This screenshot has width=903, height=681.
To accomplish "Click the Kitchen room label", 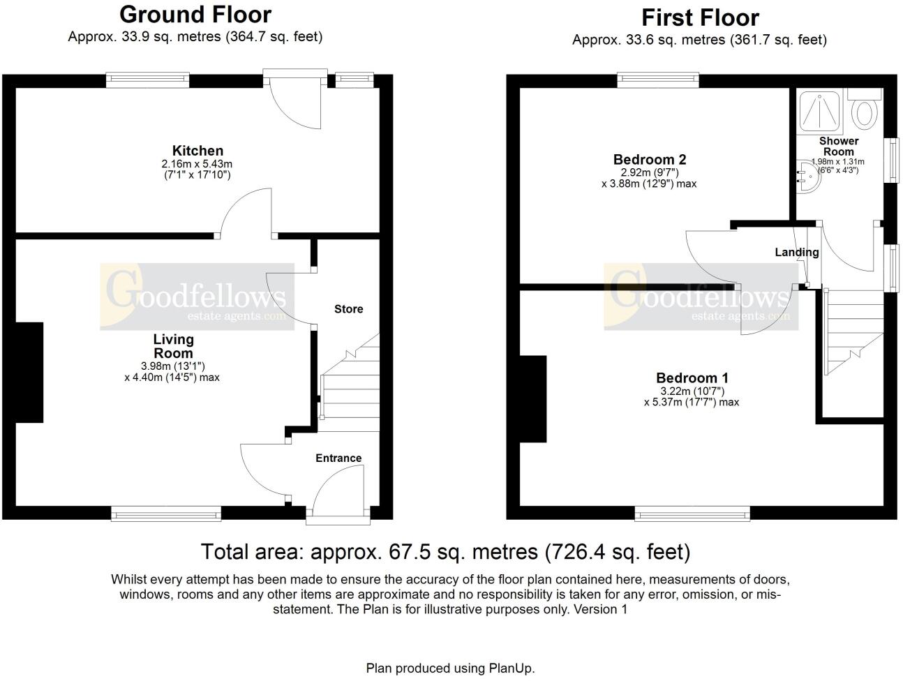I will point(197,151).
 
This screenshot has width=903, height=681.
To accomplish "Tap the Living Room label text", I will point(173,346).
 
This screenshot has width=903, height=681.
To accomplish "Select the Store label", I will point(348,309).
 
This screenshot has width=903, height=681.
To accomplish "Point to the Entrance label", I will point(338,458).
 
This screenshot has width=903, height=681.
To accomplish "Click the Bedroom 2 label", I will point(644,160).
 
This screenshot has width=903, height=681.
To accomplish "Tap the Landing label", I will point(796,253).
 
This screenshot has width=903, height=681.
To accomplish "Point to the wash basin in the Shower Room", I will point(806,177).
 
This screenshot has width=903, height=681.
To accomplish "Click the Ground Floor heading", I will point(195,14).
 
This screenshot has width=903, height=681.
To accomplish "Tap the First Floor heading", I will point(699,17).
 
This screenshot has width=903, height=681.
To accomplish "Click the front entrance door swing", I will point(338,492).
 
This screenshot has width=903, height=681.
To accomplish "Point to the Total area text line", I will point(445,552).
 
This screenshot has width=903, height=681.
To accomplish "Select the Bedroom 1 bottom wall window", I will point(692,514).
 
